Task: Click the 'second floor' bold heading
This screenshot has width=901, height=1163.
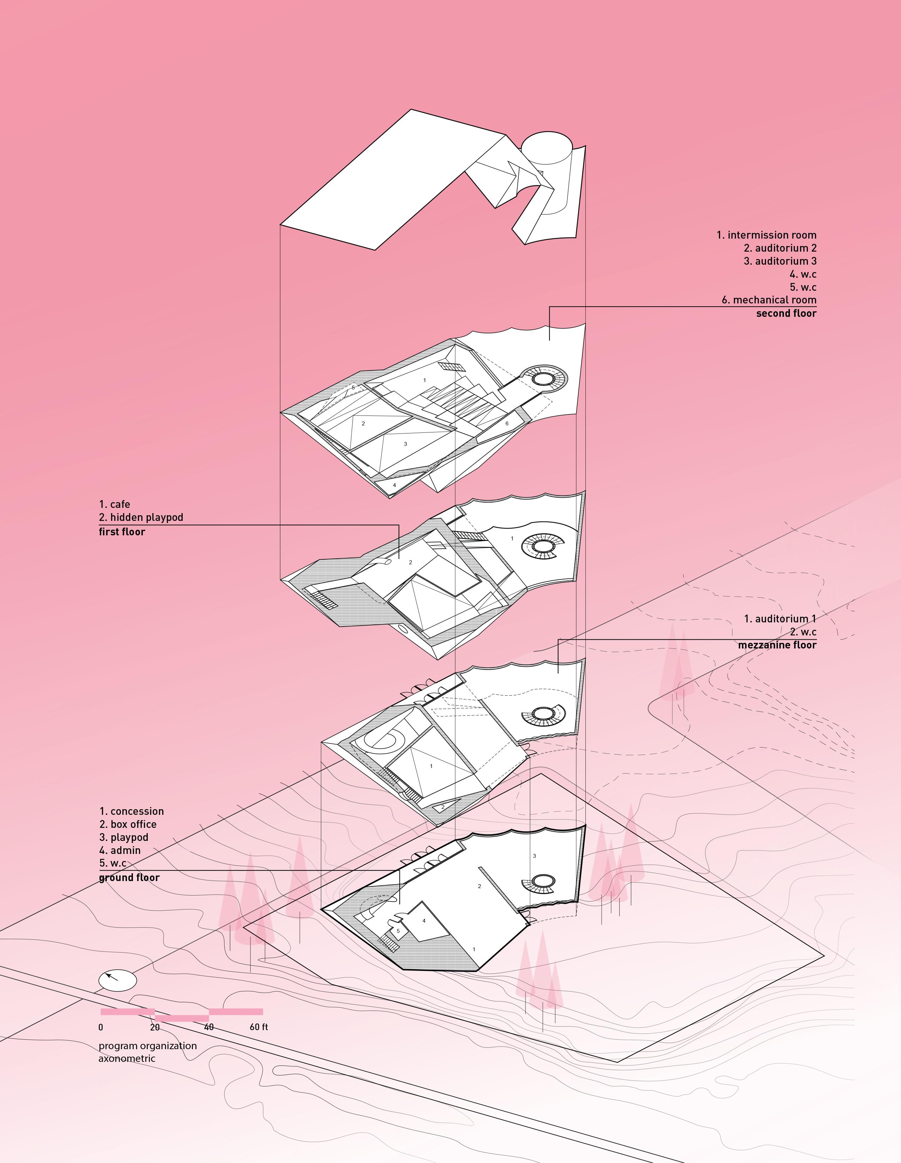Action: [786, 313]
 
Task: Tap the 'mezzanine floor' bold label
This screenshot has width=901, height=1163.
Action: [777, 645]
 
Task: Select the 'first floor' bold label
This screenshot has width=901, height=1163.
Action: [122, 531]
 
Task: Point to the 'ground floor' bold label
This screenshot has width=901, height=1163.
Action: [129, 878]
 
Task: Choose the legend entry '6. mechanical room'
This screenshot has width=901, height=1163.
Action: [769, 300]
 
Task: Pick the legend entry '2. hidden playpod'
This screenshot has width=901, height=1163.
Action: [141, 517]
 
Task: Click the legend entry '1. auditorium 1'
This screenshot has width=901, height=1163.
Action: [780, 619]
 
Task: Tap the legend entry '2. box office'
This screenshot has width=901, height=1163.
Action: [128, 824]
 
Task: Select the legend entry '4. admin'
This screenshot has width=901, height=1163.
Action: [120, 850]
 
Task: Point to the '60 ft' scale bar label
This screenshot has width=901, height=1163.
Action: [259, 1027]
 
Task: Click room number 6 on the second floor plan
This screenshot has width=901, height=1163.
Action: [507, 423]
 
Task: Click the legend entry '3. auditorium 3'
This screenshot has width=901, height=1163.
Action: [780, 261]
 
